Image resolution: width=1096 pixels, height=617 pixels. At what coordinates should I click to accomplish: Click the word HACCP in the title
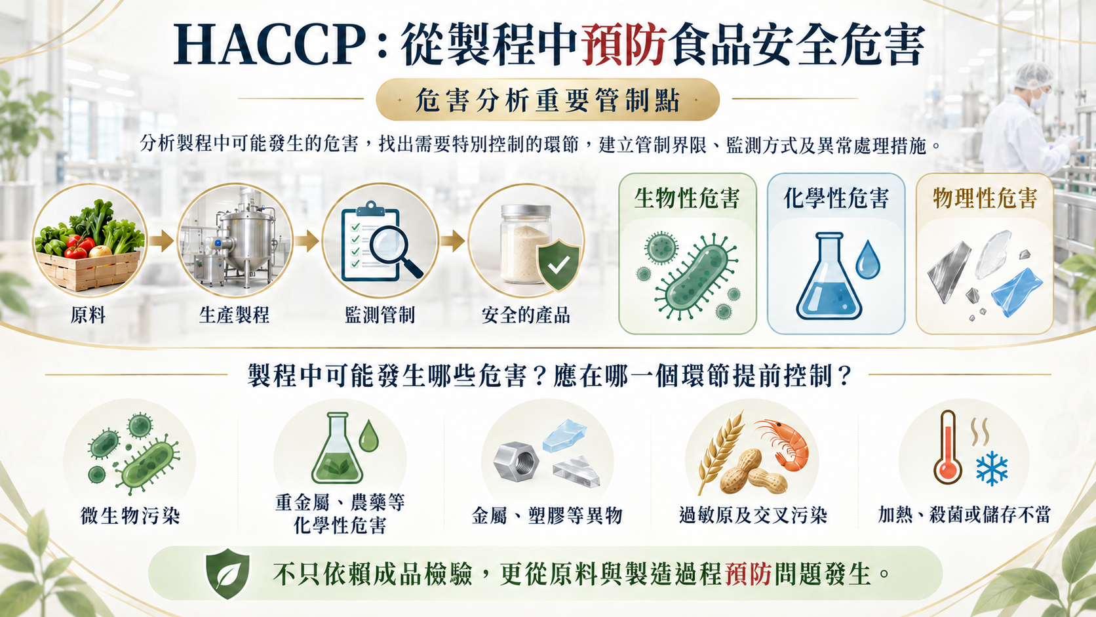pyautogui.click(x=270, y=45)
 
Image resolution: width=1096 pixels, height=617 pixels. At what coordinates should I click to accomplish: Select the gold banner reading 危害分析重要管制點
pyautogui.click(x=547, y=99)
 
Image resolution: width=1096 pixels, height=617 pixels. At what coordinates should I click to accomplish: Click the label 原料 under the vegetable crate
pyautogui.click(x=88, y=315)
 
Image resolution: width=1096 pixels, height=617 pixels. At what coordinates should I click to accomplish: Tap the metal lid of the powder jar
pyautogui.click(x=526, y=211)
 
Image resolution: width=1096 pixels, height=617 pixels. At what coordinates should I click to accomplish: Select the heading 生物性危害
pyautogui.click(x=687, y=199)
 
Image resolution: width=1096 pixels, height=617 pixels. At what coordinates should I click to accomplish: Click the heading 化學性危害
pyautogui.click(x=836, y=199)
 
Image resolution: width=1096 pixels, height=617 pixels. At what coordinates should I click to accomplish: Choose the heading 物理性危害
pyautogui.click(x=985, y=199)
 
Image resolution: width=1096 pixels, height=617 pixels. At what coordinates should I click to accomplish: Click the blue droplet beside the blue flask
pyautogui.click(x=868, y=260)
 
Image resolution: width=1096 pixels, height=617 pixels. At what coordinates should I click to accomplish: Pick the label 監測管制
pyautogui.click(x=380, y=315)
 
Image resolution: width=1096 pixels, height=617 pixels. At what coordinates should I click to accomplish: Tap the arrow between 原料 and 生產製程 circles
pyautogui.click(x=161, y=241)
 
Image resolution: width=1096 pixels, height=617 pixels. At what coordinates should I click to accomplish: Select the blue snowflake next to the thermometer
pyautogui.click(x=992, y=468)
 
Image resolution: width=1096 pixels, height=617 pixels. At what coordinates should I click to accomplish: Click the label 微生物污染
pyautogui.click(x=130, y=516)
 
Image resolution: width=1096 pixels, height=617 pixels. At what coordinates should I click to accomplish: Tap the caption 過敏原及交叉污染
pyautogui.click(x=754, y=515)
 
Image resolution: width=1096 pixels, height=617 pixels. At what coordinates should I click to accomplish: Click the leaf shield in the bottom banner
pyautogui.click(x=227, y=574)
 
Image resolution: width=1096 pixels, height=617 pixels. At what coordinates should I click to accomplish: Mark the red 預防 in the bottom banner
pyautogui.click(x=749, y=574)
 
